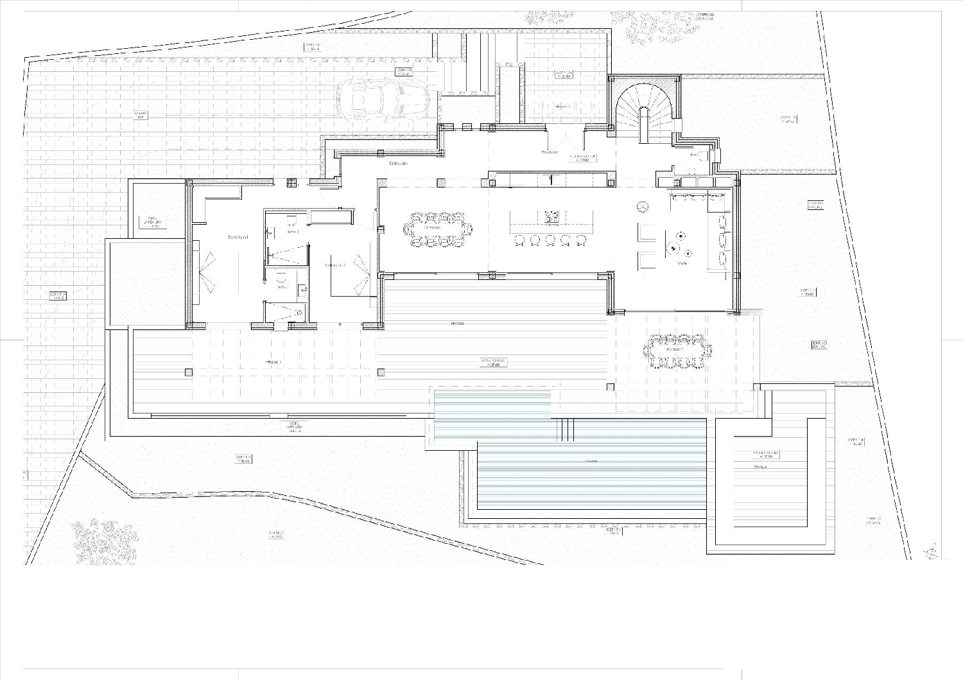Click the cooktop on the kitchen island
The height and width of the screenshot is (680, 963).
[551, 215]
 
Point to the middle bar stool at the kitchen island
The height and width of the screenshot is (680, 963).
[550, 240]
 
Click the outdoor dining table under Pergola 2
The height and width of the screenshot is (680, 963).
[678, 351]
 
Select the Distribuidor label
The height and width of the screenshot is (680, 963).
[398, 164]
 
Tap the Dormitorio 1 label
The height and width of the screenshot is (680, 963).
[238, 238]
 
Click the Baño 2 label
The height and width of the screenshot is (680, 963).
[293, 231]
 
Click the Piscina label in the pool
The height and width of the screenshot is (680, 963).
[590, 461]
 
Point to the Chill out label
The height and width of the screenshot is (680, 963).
[761, 467]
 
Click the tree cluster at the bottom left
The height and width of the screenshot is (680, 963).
[104, 539]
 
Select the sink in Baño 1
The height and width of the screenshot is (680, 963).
[281, 279]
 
